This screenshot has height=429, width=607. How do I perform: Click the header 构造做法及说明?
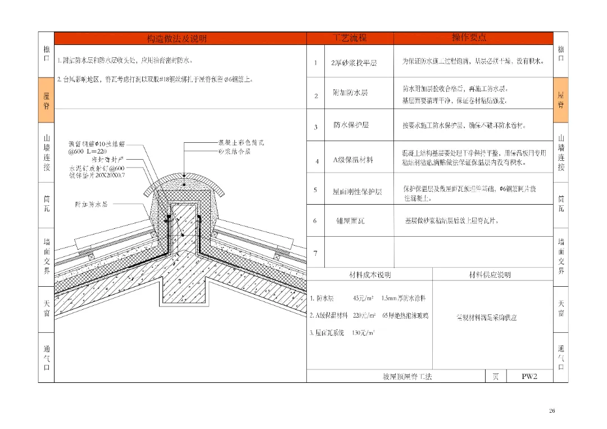176,38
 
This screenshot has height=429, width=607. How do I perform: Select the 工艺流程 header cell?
350,38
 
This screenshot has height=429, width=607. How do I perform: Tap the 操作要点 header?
469,38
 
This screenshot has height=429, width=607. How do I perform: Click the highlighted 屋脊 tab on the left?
46,100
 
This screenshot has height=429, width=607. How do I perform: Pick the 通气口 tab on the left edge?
46,358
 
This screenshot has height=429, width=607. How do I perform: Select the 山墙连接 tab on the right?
560,152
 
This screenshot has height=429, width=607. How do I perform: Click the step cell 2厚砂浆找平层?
354,63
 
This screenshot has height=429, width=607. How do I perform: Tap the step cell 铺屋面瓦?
350,221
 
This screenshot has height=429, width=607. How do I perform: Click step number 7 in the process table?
315,252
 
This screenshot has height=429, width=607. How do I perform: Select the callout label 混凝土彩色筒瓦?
242,143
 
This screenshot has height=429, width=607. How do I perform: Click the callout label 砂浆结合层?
234,151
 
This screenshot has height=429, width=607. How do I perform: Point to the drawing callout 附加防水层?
92,204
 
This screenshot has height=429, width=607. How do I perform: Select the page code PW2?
529,376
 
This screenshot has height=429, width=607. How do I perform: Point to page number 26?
552,411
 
